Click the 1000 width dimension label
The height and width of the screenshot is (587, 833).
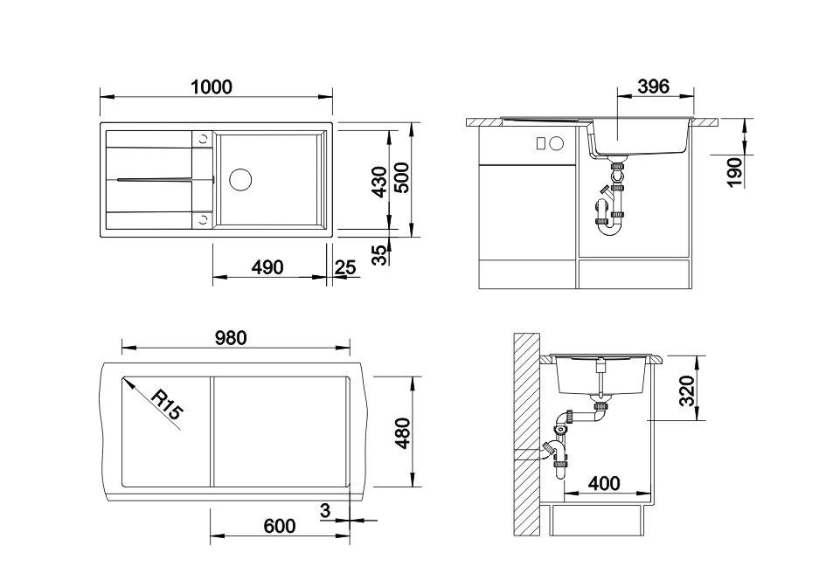tap(212, 86)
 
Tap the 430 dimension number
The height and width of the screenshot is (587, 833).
tap(379, 182)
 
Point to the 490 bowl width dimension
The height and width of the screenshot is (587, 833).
tap(267, 267)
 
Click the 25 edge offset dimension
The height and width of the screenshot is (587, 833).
tap(345, 267)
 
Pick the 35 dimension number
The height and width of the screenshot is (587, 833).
tap(379, 255)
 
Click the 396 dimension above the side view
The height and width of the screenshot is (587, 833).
tap(653, 86)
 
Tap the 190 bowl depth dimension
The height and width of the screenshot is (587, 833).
tap(734, 172)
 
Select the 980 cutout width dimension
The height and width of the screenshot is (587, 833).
tap(231, 337)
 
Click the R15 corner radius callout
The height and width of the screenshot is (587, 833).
tap(167, 404)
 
